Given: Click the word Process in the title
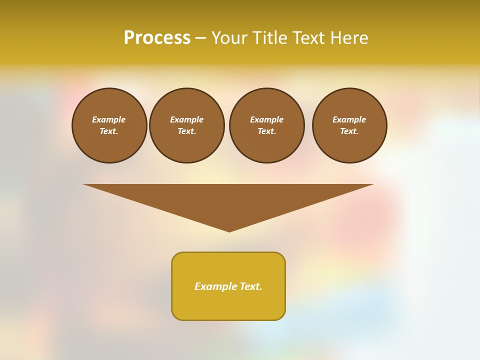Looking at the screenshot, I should [157, 38].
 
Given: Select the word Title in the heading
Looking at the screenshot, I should [271, 38].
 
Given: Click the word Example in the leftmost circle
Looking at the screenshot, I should [109, 119].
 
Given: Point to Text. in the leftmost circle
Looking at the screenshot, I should [109, 131].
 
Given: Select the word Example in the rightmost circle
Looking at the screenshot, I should [349, 119].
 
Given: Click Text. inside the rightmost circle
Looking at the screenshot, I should [349, 131].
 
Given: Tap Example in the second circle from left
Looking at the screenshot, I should [187, 119].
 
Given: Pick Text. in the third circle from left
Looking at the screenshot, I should [267, 131].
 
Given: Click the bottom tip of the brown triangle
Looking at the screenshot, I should [229, 230].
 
